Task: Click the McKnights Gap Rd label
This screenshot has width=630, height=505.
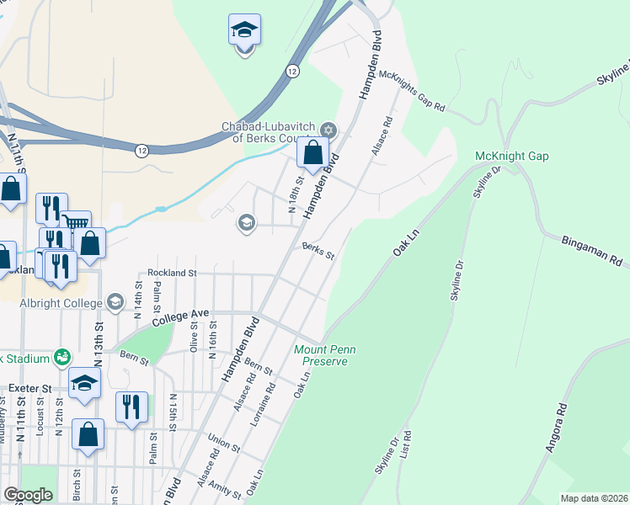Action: pyautogui.click(x=412, y=90)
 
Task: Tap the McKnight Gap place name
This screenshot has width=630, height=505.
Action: pyautogui.click(x=511, y=157)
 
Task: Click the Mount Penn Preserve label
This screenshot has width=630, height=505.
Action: pyautogui.click(x=321, y=355)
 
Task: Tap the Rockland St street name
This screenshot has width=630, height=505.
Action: pyautogui.click(x=172, y=273)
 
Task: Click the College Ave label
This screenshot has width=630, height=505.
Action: pyautogui.click(x=180, y=318)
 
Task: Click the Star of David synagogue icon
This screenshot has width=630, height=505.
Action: pyautogui.click(x=328, y=130)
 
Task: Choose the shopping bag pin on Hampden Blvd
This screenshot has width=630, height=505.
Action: pyautogui.click(x=312, y=153)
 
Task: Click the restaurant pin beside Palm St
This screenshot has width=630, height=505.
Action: pyautogui.click(x=131, y=406)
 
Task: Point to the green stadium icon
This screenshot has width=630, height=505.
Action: pyautogui.click(x=61, y=358)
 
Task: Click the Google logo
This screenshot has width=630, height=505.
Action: pyautogui.click(x=28, y=495)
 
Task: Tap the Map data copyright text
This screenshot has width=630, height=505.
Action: pyautogui.click(x=594, y=498)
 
